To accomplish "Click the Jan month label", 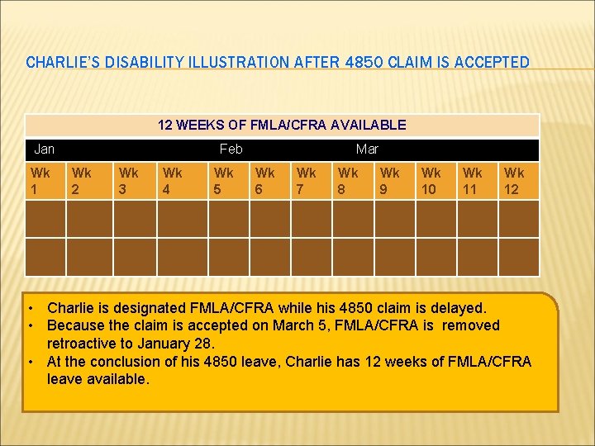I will (x=45, y=149).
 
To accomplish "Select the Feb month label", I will (x=231, y=149).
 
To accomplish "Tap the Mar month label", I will (x=367, y=149).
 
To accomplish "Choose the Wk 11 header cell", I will (x=473, y=180).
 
